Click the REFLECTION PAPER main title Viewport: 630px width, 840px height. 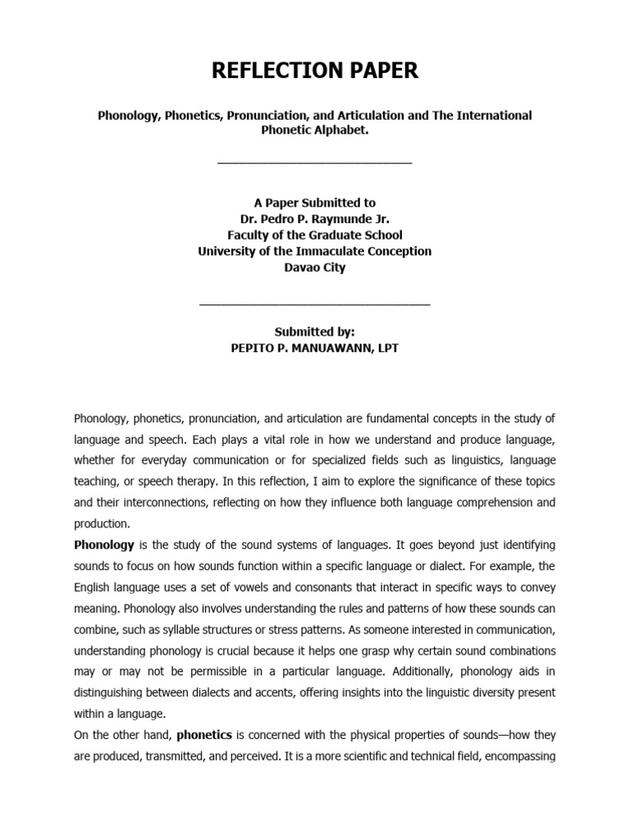pos(315,71)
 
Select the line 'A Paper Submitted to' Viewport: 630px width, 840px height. pos(315,202)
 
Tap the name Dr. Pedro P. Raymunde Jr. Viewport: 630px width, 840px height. pos(315,218)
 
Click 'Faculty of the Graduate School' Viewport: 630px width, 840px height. pos(315,235)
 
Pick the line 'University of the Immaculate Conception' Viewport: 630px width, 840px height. pos(315,251)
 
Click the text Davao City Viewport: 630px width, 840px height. pos(315,267)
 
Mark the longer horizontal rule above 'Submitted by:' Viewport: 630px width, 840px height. pos(315,304)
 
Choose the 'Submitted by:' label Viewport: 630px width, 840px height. pos(315,331)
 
